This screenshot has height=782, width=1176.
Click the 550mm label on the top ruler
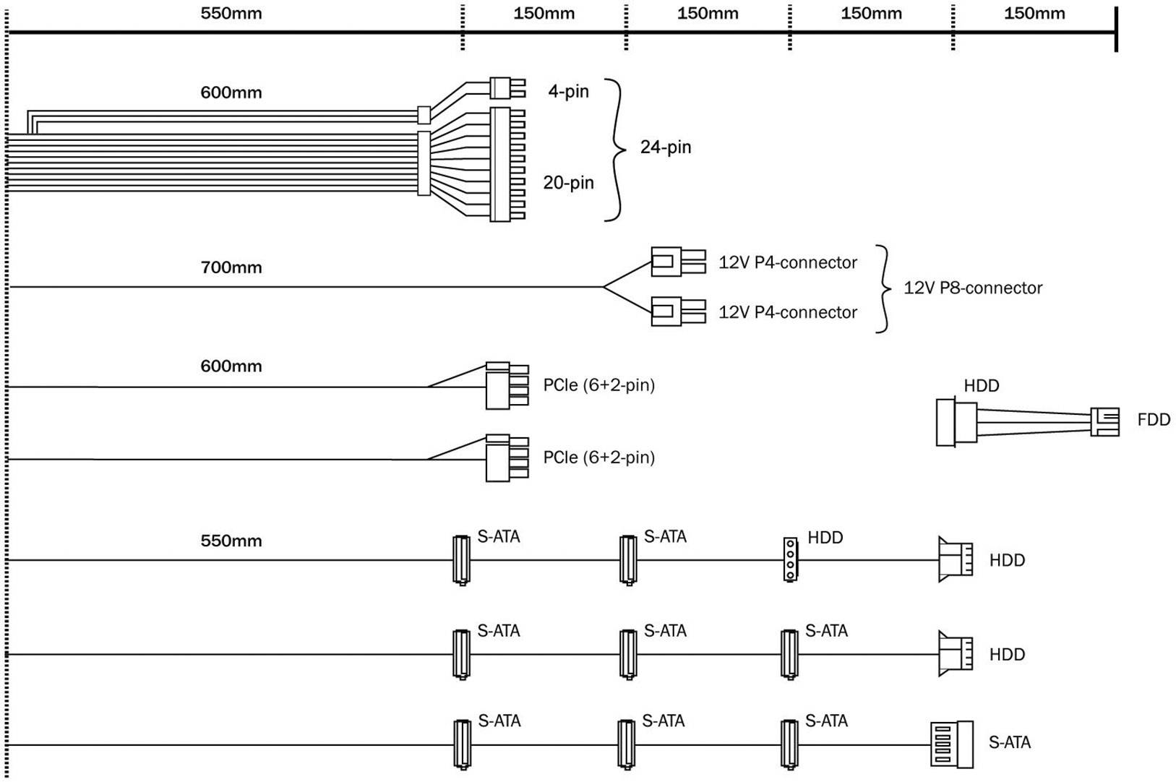pos(231,14)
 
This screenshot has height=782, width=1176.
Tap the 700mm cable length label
pos(231,267)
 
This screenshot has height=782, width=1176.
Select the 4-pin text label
pos(568,92)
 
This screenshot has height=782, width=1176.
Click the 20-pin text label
pos(568,183)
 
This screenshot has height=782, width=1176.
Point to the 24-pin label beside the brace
pos(666,147)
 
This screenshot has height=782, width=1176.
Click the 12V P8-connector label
pos(973,288)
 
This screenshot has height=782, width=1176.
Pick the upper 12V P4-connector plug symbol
pos(677,262)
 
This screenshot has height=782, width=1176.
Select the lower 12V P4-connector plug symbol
pos(677,312)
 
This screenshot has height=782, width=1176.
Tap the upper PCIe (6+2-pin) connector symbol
pos(506,385)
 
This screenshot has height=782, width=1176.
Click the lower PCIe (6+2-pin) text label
pos(599,457)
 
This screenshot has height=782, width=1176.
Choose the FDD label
pos(1154,420)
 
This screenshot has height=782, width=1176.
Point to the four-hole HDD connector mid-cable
pos(790,559)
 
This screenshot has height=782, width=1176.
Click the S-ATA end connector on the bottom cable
pos(951,744)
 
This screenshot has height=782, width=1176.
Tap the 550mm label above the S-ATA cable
pos(231,541)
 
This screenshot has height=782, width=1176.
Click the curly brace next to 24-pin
pos(617,150)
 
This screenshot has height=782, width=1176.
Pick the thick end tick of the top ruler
pos(1117,30)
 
